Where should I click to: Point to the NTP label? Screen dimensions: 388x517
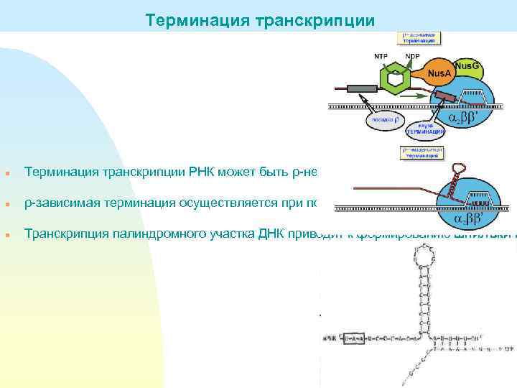pyautogui.click(x=381, y=55)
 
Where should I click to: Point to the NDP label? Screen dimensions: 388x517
pyautogui.click(x=412, y=55)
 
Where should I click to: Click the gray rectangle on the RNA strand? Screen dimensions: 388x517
pyautogui.click(x=362, y=90)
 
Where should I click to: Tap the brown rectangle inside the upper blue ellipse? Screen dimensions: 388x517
pyautogui.click(x=445, y=96)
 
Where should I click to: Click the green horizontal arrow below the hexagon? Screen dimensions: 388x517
pyautogui.click(x=416, y=96)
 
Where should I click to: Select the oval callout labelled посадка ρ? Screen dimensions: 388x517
pyautogui.click(x=383, y=121)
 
